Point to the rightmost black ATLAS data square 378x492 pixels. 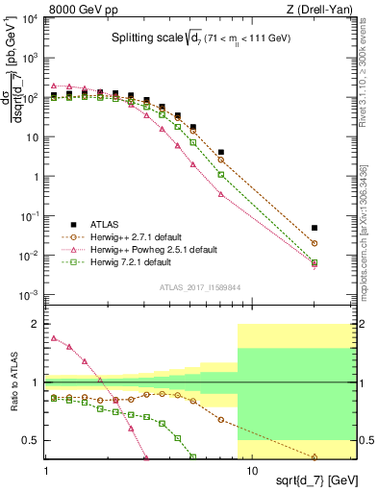point(315,228)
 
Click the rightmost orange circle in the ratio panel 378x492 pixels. point(315,456)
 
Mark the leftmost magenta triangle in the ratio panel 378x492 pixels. point(54,338)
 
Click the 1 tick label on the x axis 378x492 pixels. point(46,471)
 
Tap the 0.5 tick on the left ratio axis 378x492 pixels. point(33,440)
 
